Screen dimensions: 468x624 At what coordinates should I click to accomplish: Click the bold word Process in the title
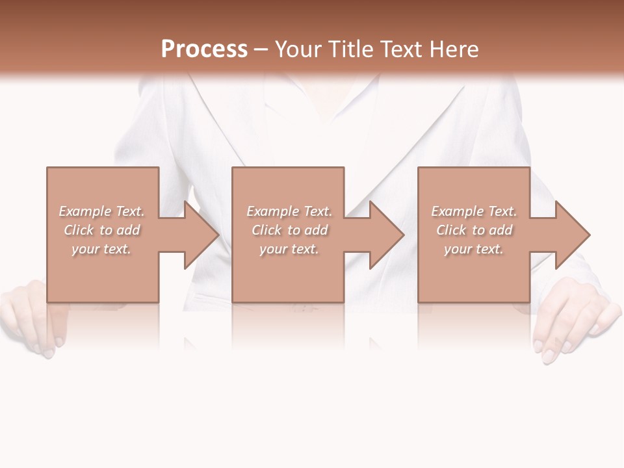pos(204,49)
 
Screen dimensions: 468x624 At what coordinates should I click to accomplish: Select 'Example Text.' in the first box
pos(101,211)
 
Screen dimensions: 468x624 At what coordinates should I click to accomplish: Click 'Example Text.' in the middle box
pos(289,211)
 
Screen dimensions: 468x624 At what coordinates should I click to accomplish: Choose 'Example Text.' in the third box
pos(474,211)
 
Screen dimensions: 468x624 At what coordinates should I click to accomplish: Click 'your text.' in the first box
pos(101,249)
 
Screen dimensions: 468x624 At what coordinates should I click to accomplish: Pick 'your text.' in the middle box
pos(289,249)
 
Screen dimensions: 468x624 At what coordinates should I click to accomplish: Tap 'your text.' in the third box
pos(474,249)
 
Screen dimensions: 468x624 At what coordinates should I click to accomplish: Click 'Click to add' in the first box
pos(101,230)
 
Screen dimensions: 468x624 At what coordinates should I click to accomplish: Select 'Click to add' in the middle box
pos(289,230)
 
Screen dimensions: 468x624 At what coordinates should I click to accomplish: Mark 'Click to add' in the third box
pos(474,230)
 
